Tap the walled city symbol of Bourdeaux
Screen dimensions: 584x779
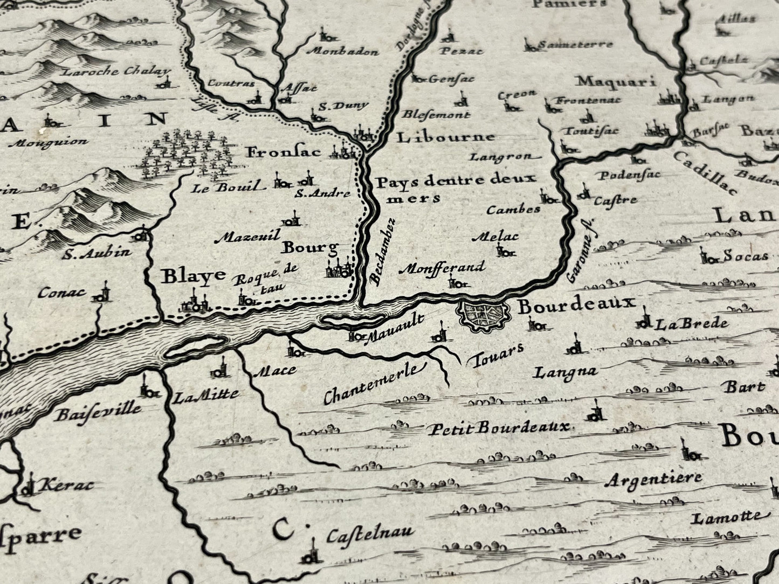coord(483,312)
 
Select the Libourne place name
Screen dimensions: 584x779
coord(446,137)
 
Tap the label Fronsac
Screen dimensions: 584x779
coord(284,152)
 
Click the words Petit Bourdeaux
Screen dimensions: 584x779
coord(499,428)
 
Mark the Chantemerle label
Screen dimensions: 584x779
coord(372,384)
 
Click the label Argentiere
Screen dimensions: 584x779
coord(653,479)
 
